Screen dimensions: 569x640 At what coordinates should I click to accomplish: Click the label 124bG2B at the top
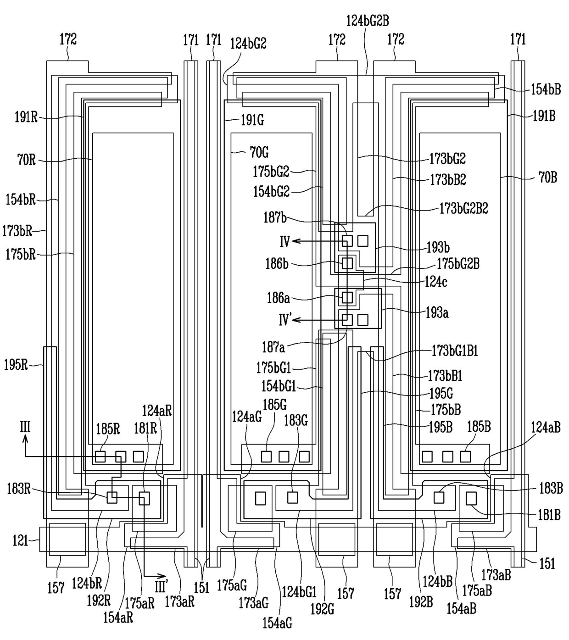(368, 21)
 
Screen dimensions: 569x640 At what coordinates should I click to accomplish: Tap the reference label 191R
(27, 117)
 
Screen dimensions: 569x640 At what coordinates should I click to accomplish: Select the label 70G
(259, 153)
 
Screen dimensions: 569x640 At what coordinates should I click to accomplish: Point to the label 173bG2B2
(464, 208)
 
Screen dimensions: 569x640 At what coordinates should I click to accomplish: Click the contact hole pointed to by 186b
(347, 263)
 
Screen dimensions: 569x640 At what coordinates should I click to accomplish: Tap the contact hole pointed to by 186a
(347, 297)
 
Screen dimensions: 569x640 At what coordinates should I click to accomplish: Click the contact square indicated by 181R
(144, 498)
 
